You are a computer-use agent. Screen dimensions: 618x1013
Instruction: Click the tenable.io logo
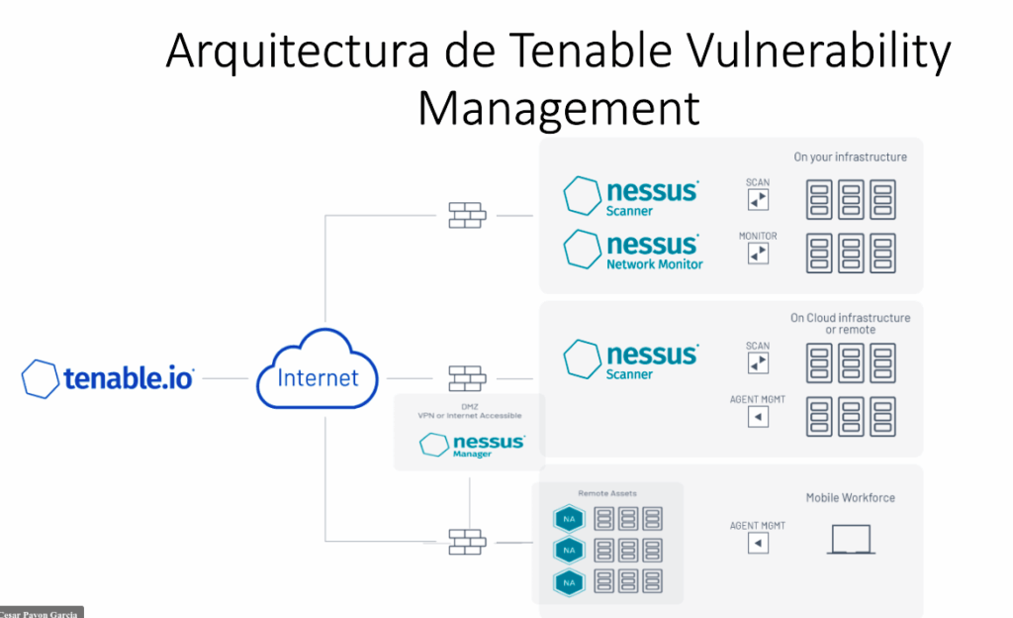(109, 378)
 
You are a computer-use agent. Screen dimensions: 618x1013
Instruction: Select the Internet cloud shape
(319, 373)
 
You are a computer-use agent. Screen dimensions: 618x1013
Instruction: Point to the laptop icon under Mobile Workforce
(851, 540)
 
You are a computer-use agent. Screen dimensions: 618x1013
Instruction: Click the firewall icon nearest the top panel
(467, 215)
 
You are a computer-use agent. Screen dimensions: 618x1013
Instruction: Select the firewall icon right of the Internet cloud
(467, 378)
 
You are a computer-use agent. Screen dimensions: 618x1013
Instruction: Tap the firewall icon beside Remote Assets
(467, 541)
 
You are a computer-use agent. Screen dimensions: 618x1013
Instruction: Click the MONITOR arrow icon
(758, 254)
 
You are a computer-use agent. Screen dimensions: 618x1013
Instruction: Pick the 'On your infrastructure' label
(850, 156)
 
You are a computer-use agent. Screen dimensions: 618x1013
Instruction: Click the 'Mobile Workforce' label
(850, 497)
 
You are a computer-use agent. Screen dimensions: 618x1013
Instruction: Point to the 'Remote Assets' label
(607, 492)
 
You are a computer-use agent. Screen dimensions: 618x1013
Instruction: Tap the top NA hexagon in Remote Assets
(570, 518)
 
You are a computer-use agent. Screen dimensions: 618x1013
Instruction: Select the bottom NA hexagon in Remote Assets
(570, 582)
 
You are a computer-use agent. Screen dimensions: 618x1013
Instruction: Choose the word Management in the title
(558, 107)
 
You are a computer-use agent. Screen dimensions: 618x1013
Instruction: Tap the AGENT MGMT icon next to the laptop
(758, 544)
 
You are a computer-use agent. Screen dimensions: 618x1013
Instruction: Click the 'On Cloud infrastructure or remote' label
(850, 324)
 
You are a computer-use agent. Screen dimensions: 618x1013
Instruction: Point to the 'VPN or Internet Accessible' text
(469, 416)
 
